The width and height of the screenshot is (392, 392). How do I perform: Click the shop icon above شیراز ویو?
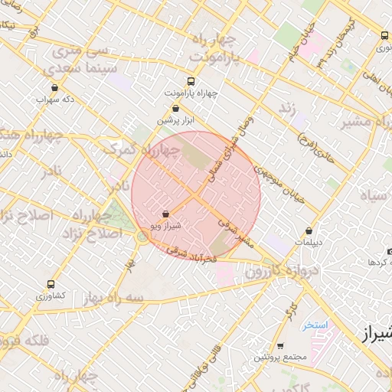click(x=166, y=215)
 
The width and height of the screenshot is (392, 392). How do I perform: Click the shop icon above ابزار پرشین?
click(x=176, y=109)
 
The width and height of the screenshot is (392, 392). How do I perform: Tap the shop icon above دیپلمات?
click(x=309, y=230)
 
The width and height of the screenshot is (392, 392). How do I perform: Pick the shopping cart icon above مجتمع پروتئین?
click(x=279, y=346)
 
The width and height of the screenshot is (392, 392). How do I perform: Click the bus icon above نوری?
click(x=384, y=35)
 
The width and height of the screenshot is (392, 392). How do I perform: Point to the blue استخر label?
click(x=314, y=325)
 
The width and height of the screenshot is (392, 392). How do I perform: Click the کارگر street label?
click(x=291, y=311)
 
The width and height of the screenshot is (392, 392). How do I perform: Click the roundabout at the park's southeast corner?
click(x=142, y=237)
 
